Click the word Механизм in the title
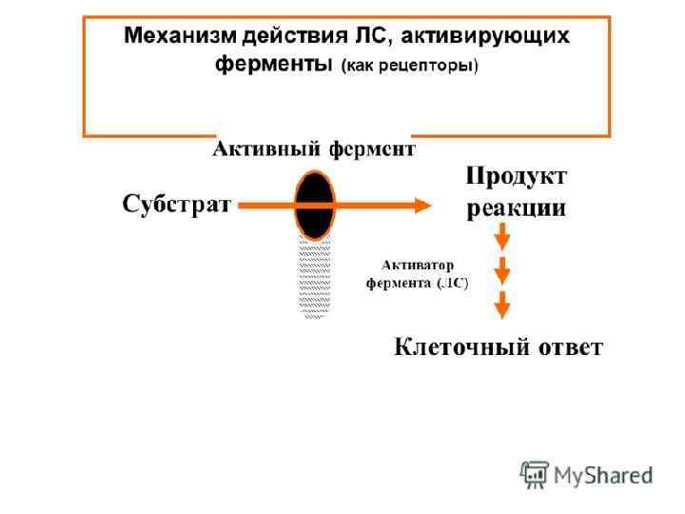coord(182,37)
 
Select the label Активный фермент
coord(313,149)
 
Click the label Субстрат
coord(176,204)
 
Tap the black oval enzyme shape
coord(314,204)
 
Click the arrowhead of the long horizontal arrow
coord(421,204)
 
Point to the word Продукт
coord(516,177)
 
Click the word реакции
coord(516,208)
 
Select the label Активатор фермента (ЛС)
coord(418,274)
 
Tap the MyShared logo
coord(586,473)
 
